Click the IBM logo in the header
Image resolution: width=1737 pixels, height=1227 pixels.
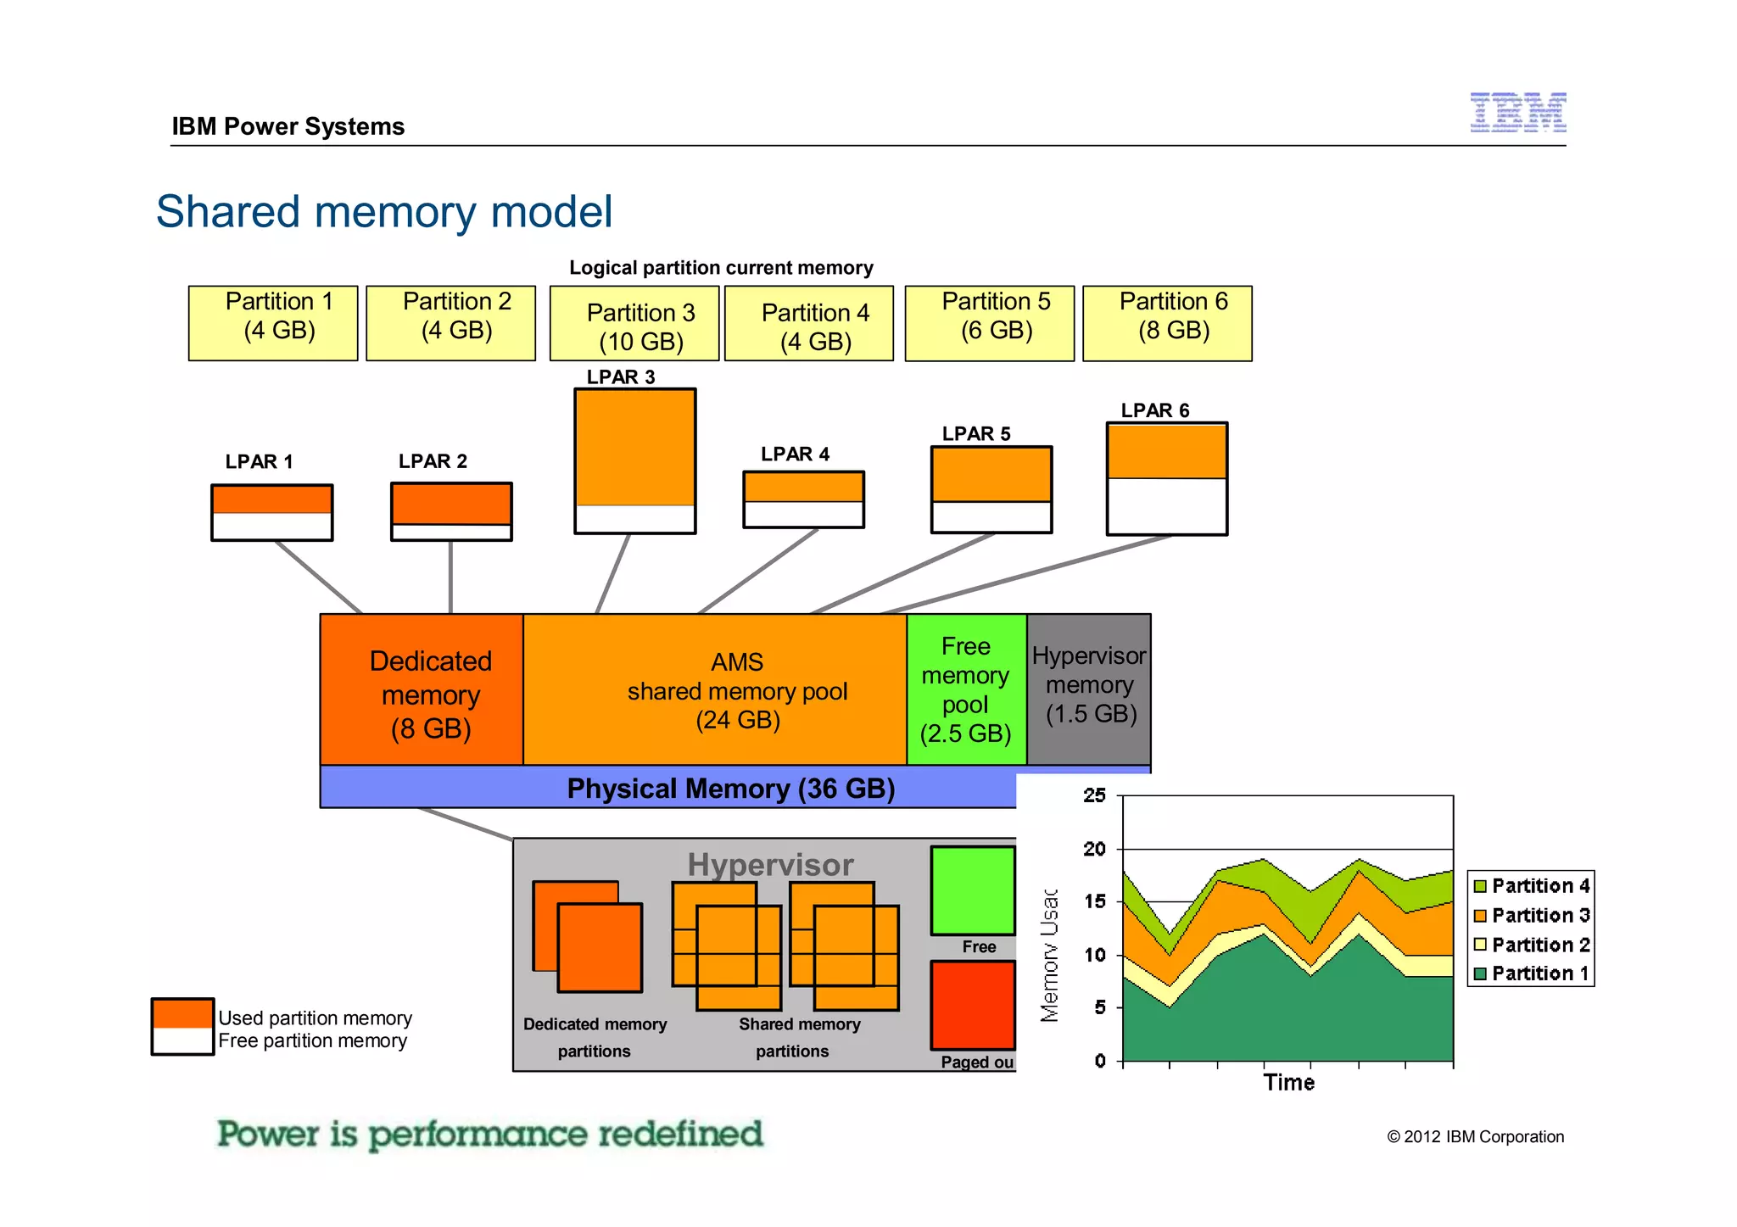[1517, 113]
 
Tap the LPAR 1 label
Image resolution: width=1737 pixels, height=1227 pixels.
[259, 462]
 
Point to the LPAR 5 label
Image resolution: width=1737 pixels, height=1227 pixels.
[976, 434]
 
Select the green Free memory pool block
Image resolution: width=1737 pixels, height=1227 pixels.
[966, 690]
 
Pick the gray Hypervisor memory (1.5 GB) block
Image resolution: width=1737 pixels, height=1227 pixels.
[1089, 687]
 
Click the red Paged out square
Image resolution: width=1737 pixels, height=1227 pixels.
[973, 1005]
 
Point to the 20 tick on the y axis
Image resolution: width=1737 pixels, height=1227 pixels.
[1094, 849]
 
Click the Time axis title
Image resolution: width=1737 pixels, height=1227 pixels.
[1288, 1083]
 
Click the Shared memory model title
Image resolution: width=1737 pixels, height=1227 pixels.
[384, 212]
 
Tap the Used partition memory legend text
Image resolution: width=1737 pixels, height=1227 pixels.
[315, 1018]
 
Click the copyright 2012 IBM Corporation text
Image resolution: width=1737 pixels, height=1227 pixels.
[1475, 1137]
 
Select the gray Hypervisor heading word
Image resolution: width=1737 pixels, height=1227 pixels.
[770, 865]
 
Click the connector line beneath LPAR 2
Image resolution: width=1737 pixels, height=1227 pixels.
[450, 577]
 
